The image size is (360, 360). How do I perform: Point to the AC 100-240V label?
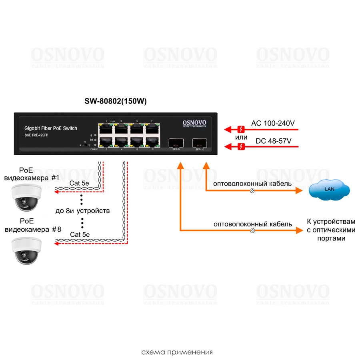coord(273,123)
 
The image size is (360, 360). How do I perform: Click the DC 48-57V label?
coord(273,141)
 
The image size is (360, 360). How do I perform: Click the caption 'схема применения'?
coord(177,352)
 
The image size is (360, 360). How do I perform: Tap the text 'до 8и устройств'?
coord(82,210)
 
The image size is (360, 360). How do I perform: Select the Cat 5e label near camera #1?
coord(80,183)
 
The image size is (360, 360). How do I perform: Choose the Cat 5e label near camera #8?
coord(80,234)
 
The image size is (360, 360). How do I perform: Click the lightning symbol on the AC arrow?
coord(241,129)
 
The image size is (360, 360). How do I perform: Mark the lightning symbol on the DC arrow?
coord(241,147)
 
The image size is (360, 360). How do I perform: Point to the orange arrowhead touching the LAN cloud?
coord(299,191)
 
